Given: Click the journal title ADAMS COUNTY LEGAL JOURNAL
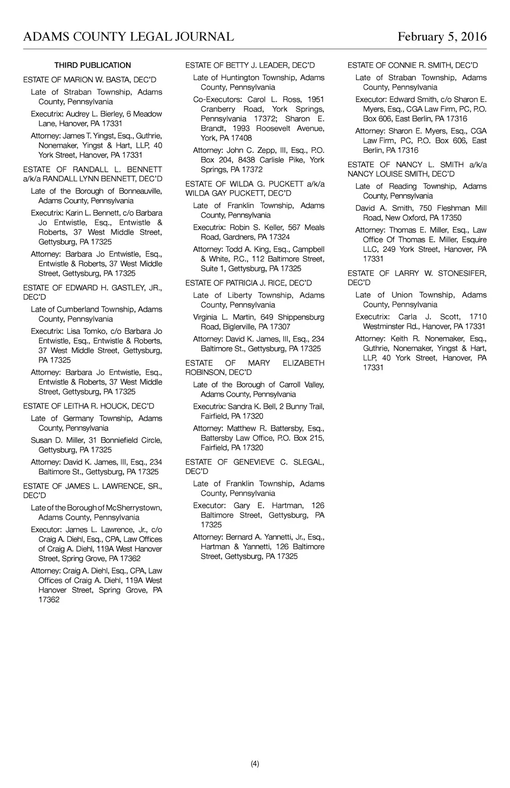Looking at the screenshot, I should [128, 37].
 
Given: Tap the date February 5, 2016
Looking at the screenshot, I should [442, 37].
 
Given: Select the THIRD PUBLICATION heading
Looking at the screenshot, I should [93, 65].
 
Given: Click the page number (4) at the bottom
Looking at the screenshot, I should [255, 764].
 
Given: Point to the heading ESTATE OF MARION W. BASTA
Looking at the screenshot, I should [90, 80].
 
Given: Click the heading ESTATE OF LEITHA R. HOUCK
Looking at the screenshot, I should [89, 406].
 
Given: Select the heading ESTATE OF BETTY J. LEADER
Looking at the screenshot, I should [250, 65].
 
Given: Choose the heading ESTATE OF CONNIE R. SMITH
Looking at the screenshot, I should [413, 65].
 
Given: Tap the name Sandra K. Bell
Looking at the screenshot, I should [252, 407].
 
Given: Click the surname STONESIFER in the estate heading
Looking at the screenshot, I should [462, 273].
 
